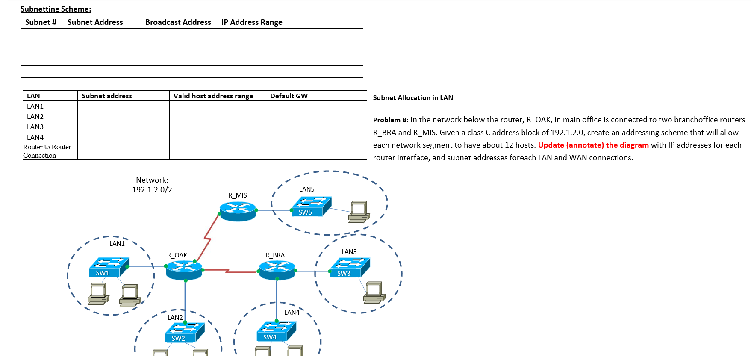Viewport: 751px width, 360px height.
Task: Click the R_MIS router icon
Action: (x=238, y=210)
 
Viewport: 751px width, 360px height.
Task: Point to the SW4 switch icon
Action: (x=276, y=331)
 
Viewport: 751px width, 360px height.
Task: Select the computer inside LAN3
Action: (x=374, y=292)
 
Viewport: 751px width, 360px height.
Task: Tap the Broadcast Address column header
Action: (x=178, y=22)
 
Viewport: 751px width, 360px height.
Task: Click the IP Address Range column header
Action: (x=252, y=22)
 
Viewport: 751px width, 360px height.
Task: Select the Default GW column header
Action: (x=289, y=96)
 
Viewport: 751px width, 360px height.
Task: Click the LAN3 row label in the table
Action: (x=35, y=127)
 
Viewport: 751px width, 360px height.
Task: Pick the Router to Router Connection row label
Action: (x=47, y=151)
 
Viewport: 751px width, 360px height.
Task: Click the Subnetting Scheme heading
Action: (x=56, y=9)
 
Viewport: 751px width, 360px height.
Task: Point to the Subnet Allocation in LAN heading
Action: (x=413, y=98)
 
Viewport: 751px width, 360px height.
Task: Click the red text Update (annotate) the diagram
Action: (x=593, y=145)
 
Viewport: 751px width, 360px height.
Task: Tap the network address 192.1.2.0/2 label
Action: (x=152, y=190)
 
